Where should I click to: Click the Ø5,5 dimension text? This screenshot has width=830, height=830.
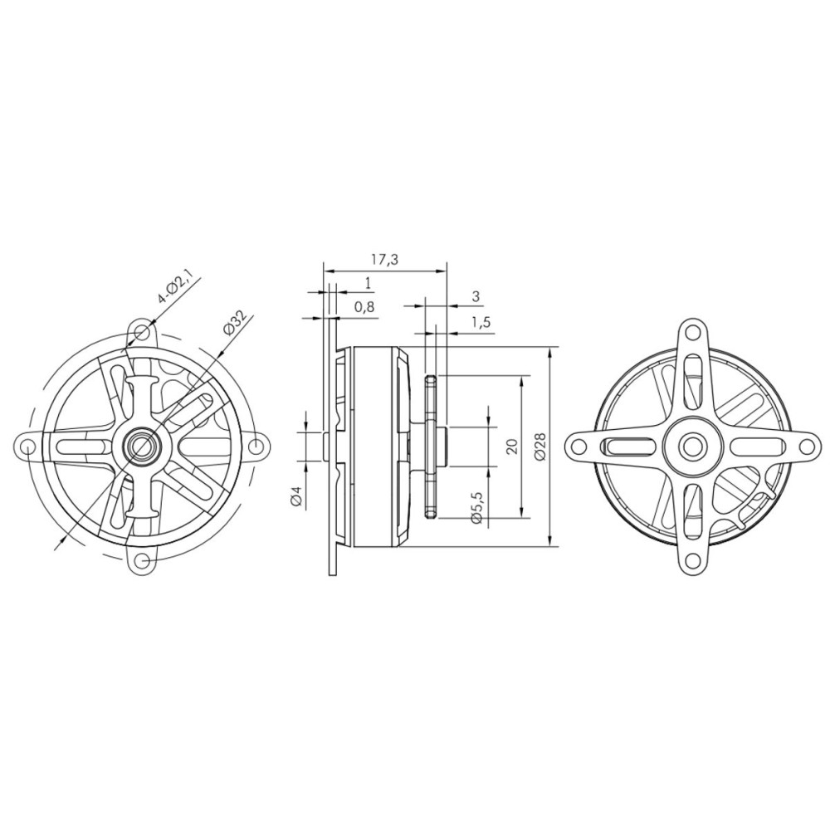pos(476,507)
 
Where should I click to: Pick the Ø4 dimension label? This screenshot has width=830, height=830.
pos(296,498)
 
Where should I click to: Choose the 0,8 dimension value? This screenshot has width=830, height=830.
pos(364,306)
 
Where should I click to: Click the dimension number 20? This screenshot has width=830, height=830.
pos(511,447)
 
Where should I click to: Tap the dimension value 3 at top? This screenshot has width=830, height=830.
pos(476,296)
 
